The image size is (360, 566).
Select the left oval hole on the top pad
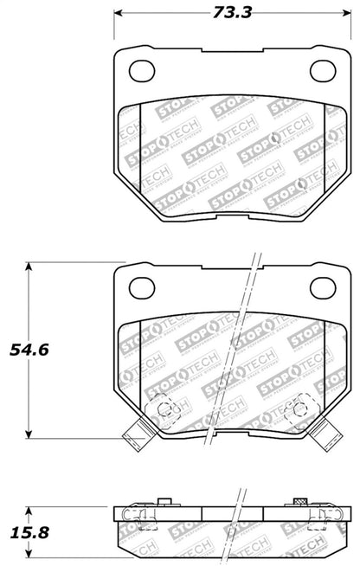139,69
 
